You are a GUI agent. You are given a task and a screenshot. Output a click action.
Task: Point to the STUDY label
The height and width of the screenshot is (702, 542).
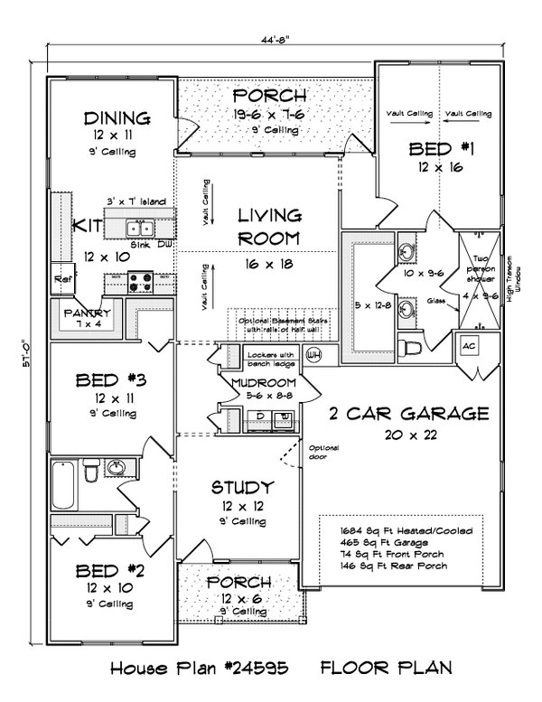tap(242, 488)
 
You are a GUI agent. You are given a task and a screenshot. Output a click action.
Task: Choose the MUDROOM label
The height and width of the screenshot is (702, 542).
tap(263, 382)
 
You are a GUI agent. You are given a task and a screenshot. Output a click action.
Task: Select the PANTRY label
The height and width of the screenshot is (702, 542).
tap(86, 312)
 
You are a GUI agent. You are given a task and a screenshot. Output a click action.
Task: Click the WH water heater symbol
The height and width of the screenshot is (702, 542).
tap(315, 353)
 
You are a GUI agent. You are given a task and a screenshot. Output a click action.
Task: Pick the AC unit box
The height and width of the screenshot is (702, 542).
tap(470, 346)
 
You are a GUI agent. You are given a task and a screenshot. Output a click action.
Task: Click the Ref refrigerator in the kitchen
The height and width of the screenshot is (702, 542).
tap(62, 278)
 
